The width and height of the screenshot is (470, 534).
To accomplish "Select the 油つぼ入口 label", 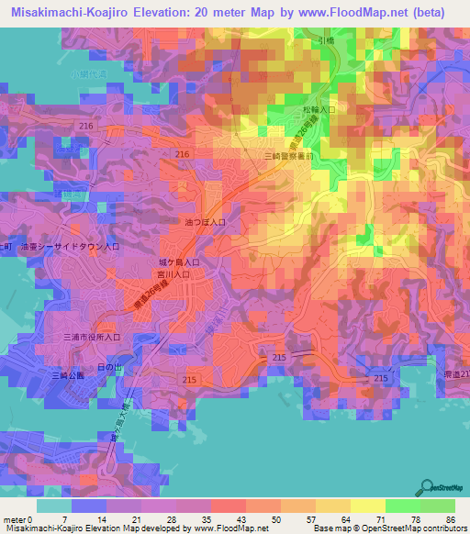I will pyautogui.click(x=207, y=222).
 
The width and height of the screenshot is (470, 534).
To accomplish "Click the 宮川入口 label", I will pyautogui.click(x=173, y=273).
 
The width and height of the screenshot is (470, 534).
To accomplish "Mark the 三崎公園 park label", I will pyautogui.click(x=68, y=376).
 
